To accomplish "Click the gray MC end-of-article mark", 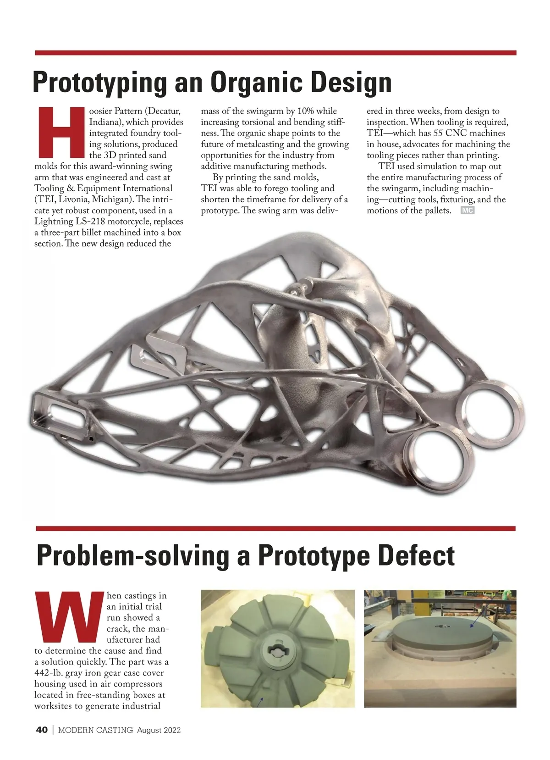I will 467,211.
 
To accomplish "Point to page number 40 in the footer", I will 42,730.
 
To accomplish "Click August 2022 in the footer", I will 159,730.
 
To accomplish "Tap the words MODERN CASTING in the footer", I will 95,730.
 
